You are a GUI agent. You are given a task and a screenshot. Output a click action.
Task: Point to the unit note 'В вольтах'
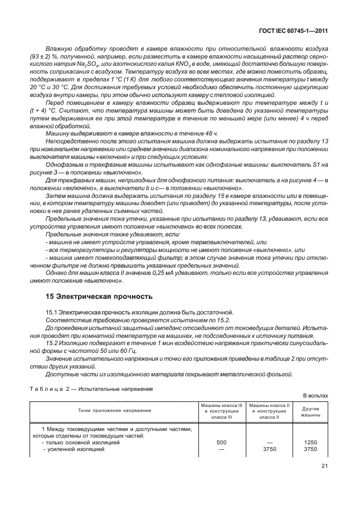click(x=315, y=396)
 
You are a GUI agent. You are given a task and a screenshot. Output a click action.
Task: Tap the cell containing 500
click(x=221, y=442)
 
